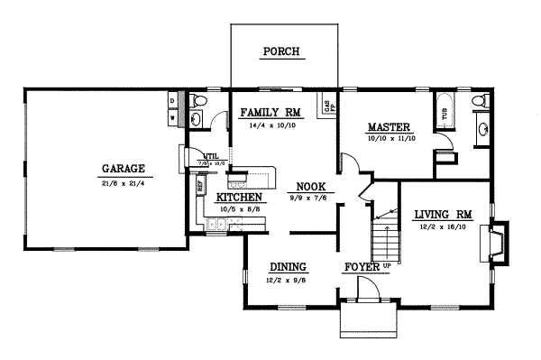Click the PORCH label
[x=280, y=51]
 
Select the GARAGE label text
[x=124, y=169]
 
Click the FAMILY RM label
[x=269, y=113]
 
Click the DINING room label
[x=289, y=267]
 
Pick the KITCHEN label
[x=239, y=197]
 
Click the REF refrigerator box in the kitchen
[x=200, y=187]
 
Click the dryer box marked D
[x=172, y=100]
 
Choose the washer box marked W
[x=172, y=116]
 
